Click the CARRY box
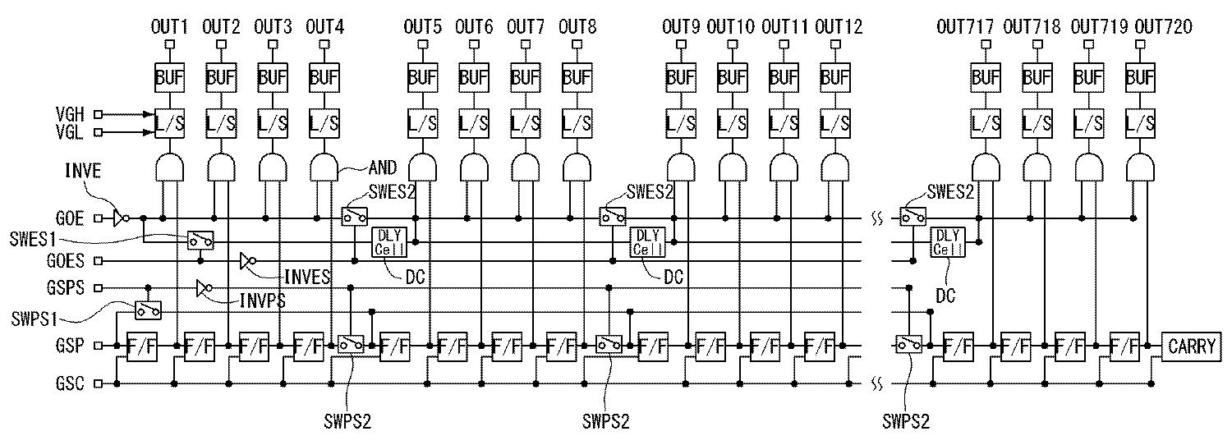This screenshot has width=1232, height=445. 1191,346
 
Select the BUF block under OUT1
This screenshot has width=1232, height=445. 170,78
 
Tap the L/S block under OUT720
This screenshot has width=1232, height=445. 1139,123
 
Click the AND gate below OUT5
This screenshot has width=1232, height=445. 422,168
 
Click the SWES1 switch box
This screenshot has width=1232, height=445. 200,240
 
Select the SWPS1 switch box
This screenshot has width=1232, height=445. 148,310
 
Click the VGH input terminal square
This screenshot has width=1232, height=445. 99,115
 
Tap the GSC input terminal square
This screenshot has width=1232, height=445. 99,383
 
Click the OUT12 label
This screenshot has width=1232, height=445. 839,27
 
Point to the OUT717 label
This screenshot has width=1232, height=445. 965,27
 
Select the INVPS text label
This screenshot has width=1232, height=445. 263,300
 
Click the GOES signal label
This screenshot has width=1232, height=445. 67,261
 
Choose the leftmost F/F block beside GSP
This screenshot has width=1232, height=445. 141,346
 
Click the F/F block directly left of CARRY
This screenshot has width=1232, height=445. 1124,346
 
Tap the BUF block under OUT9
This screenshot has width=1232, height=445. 680,78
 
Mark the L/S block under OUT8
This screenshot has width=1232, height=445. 577,123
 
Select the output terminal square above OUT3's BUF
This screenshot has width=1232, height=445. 273,45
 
